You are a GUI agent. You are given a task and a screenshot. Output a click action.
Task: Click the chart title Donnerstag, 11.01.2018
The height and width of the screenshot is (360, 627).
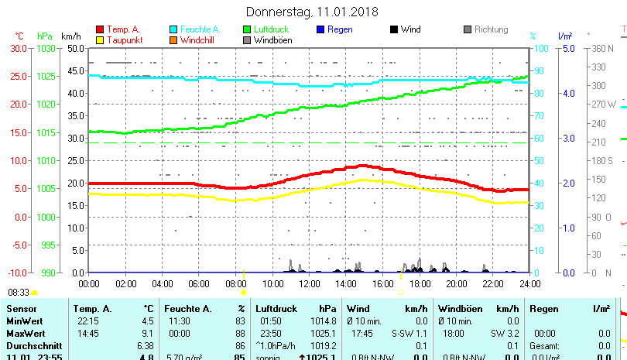pos(312,12)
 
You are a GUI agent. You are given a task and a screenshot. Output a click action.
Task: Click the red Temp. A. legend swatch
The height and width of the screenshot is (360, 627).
pos(100,29)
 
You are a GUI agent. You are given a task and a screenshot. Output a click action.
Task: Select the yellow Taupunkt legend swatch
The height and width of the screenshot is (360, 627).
pos(100,40)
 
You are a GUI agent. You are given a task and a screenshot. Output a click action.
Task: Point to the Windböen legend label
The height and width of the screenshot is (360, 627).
pos(272,40)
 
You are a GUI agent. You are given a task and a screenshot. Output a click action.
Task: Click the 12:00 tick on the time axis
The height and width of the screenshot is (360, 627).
pos(309,283)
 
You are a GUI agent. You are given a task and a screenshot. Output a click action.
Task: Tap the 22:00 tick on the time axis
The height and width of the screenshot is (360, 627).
pos(492,283)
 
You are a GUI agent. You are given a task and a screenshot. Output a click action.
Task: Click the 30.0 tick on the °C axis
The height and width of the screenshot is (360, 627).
pos(19,48)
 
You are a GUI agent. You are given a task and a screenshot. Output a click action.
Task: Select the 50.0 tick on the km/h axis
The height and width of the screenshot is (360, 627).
pos(75,48)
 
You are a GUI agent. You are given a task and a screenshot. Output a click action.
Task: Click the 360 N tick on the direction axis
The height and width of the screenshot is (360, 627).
pos(601,48)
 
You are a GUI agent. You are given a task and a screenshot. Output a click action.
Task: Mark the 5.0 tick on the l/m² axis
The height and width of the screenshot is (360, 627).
pos(567,48)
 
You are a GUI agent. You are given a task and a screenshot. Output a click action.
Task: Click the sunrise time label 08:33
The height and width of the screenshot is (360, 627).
pos(19,293)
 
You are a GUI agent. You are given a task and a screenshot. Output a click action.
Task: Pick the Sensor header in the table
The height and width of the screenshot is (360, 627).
pos(21,309)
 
